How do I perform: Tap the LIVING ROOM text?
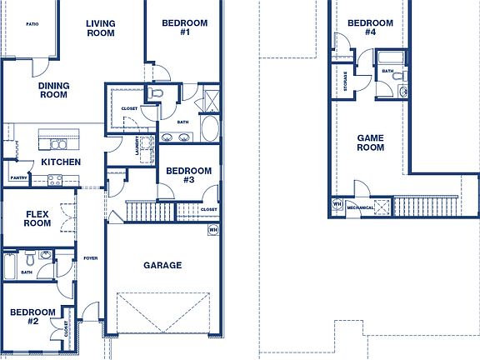click(101, 28)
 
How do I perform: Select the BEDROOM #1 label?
click(185, 27)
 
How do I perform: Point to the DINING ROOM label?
click(53, 90)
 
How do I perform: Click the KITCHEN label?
click(60, 161)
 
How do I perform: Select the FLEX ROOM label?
click(37, 218)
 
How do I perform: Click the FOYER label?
click(90, 258)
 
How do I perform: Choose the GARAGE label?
click(162, 265)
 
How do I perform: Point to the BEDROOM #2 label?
click(32, 317)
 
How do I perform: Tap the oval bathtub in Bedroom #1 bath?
click(209, 130)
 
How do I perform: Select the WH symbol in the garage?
click(212, 229)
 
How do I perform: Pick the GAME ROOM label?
click(371, 142)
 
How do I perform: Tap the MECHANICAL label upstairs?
click(359, 207)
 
